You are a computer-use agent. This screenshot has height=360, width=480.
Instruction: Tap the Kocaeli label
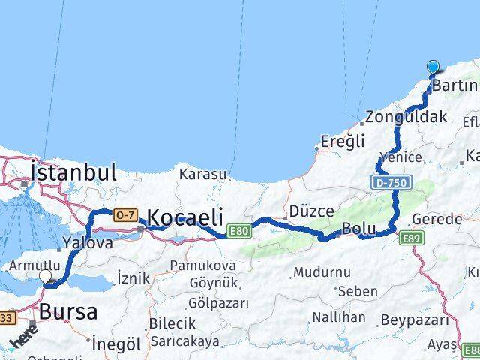point(185,217)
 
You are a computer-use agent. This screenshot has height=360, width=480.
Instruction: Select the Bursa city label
point(68,310)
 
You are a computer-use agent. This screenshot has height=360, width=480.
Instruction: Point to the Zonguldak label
point(406,117)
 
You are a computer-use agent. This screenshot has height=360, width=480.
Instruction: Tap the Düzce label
point(311,211)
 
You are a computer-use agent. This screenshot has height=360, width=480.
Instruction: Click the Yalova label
point(88,242)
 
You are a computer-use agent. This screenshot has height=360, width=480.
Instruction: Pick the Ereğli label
point(342,141)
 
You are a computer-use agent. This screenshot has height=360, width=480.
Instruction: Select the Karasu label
point(202,174)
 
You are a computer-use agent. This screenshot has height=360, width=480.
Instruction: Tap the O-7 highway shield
point(125,215)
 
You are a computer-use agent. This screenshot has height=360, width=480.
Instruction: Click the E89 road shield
point(411,238)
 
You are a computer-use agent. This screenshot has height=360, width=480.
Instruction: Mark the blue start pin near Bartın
point(433,67)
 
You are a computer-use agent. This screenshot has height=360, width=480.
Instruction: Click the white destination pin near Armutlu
point(45,276)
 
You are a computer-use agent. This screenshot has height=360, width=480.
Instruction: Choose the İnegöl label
point(116,344)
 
